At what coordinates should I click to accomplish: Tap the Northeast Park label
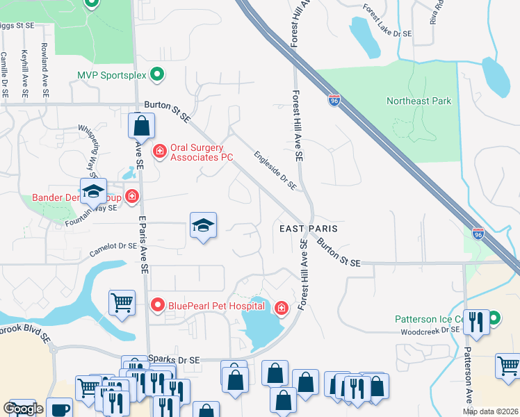click(419, 101)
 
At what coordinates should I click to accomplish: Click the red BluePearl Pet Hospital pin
click(158, 304)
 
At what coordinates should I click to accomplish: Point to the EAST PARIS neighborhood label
click(308, 228)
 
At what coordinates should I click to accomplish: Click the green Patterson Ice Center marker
click(494, 320)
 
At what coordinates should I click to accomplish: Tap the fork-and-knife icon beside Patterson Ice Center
click(476, 321)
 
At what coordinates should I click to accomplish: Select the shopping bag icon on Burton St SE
click(141, 126)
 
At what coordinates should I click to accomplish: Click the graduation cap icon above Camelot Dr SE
click(203, 225)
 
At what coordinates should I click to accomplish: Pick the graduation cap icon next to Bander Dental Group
click(93, 190)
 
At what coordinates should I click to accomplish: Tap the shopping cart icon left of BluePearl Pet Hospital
click(122, 302)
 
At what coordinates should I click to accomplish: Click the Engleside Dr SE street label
click(275, 171)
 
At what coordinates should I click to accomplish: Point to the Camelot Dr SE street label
click(113, 248)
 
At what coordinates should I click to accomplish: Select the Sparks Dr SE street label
click(174, 359)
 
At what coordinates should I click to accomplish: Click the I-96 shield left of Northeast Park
click(334, 101)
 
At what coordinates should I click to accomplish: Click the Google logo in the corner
click(23, 409)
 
